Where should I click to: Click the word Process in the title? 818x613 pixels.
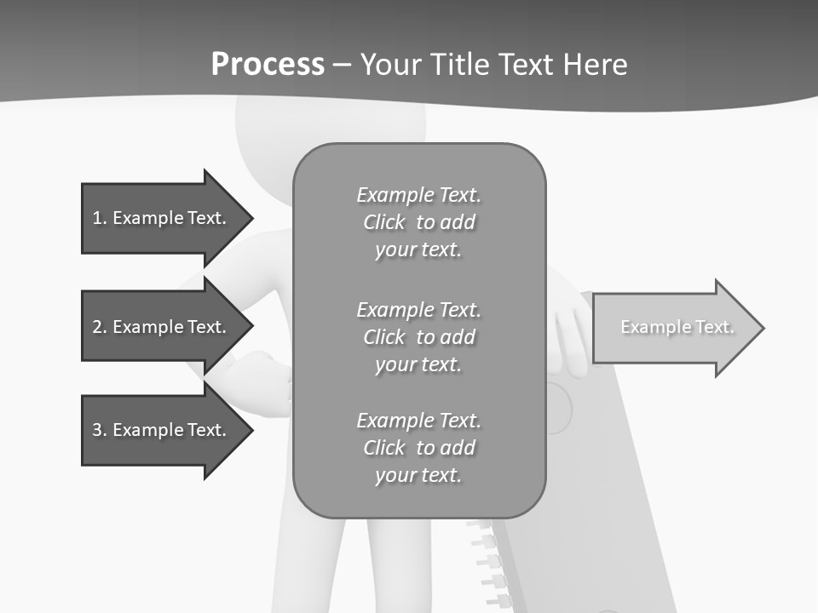pyautogui.click(x=268, y=65)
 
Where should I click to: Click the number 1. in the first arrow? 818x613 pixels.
pyautogui.click(x=100, y=218)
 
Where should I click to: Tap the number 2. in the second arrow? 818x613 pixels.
pyautogui.click(x=100, y=327)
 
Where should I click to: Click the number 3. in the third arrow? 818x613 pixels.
pyautogui.click(x=100, y=430)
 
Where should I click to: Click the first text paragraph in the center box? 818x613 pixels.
pyautogui.click(x=418, y=222)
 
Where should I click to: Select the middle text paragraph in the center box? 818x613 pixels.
pyautogui.click(x=418, y=337)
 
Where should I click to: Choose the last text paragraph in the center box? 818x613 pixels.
pyautogui.click(x=418, y=448)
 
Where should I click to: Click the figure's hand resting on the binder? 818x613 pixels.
pyautogui.click(x=568, y=336)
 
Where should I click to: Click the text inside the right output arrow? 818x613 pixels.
pyautogui.click(x=677, y=327)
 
